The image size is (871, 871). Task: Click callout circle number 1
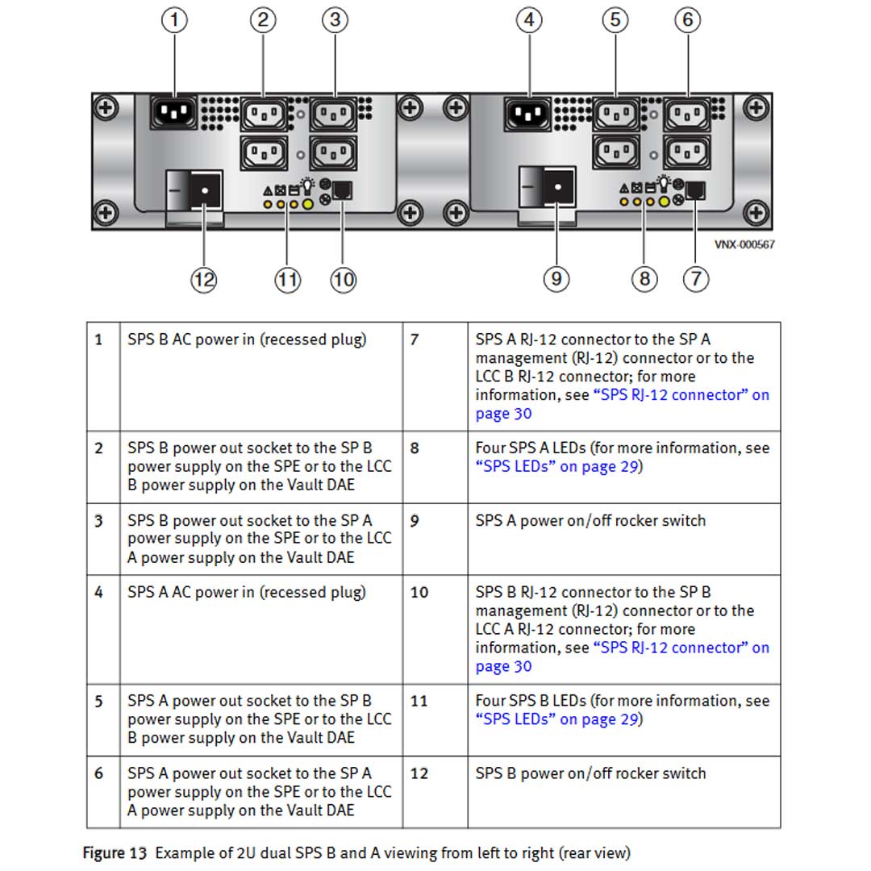point(174,20)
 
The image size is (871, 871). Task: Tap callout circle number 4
point(528,20)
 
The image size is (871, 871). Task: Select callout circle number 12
point(204,280)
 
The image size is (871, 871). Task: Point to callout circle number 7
point(696,279)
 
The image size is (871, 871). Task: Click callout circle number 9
point(556,279)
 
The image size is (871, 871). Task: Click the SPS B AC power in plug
point(173,113)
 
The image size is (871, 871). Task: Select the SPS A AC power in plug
point(528,114)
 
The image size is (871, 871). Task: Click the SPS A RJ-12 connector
point(696,191)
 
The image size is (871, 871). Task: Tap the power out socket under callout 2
point(265,115)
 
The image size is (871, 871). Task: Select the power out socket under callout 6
point(687,115)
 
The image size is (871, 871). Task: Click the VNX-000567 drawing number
point(744,244)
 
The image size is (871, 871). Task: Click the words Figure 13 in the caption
point(115,852)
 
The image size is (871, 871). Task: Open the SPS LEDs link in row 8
point(558,467)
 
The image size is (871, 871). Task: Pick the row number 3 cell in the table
point(99,521)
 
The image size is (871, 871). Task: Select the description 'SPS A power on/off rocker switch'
point(590,521)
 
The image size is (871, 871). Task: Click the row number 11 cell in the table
point(419,701)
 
